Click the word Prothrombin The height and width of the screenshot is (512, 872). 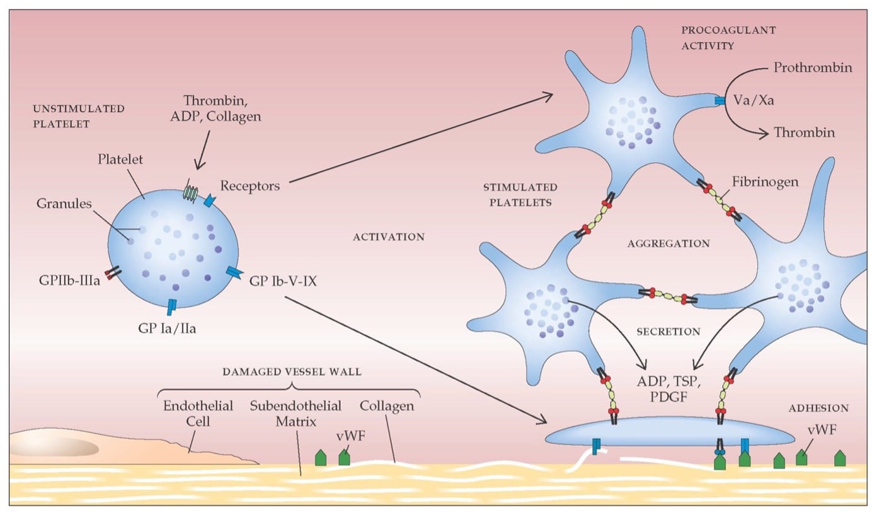(812, 67)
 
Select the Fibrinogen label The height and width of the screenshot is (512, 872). (765, 182)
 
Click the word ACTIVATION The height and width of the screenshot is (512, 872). (389, 237)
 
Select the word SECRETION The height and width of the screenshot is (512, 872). (668, 332)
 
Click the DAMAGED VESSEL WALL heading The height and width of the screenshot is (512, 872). (292, 372)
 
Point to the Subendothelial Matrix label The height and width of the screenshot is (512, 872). (295, 412)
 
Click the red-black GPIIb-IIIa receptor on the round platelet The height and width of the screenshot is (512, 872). (112, 274)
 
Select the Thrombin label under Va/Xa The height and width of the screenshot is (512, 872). (804, 133)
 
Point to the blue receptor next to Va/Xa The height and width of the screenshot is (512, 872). (720, 101)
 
